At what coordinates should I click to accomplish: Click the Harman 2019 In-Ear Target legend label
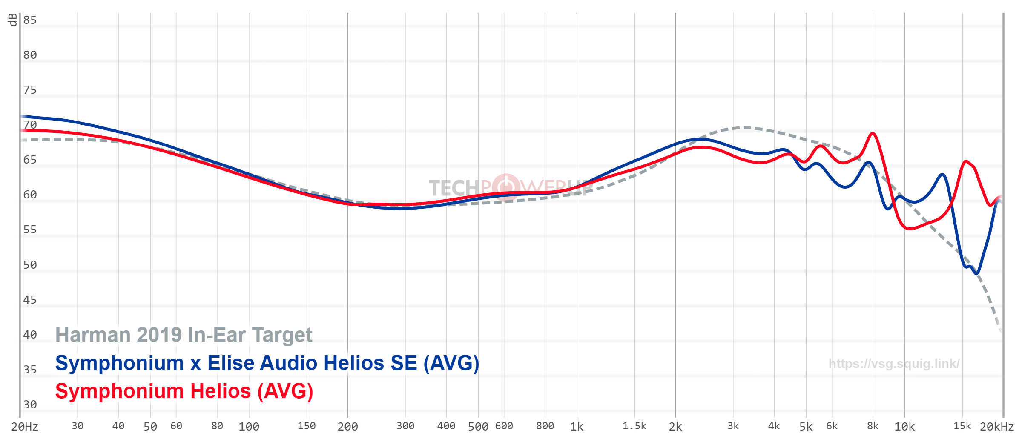(x=184, y=335)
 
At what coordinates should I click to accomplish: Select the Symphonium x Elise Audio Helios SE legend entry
(x=267, y=363)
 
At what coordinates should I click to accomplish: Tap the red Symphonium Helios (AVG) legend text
(x=184, y=391)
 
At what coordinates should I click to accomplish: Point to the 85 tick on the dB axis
(x=30, y=20)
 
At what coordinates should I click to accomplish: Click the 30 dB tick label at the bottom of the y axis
(x=30, y=405)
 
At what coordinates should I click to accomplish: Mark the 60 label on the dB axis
(x=30, y=195)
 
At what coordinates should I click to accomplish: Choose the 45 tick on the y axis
(x=30, y=300)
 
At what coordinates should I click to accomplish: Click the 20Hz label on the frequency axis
(x=25, y=427)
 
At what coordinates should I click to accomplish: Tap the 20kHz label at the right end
(x=997, y=427)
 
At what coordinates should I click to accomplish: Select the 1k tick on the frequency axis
(x=577, y=427)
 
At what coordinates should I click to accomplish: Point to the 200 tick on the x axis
(x=347, y=427)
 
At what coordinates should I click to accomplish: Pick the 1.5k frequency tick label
(x=634, y=426)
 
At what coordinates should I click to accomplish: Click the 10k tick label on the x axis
(x=904, y=427)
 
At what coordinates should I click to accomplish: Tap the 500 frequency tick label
(x=478, y=427)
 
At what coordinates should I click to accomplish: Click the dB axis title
(x=13, y=20)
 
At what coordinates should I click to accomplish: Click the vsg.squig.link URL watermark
(x=894, y=364)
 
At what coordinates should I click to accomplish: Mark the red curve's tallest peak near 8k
(x=873, y=133)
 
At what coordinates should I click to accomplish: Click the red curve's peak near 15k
(x=966, y=161)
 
